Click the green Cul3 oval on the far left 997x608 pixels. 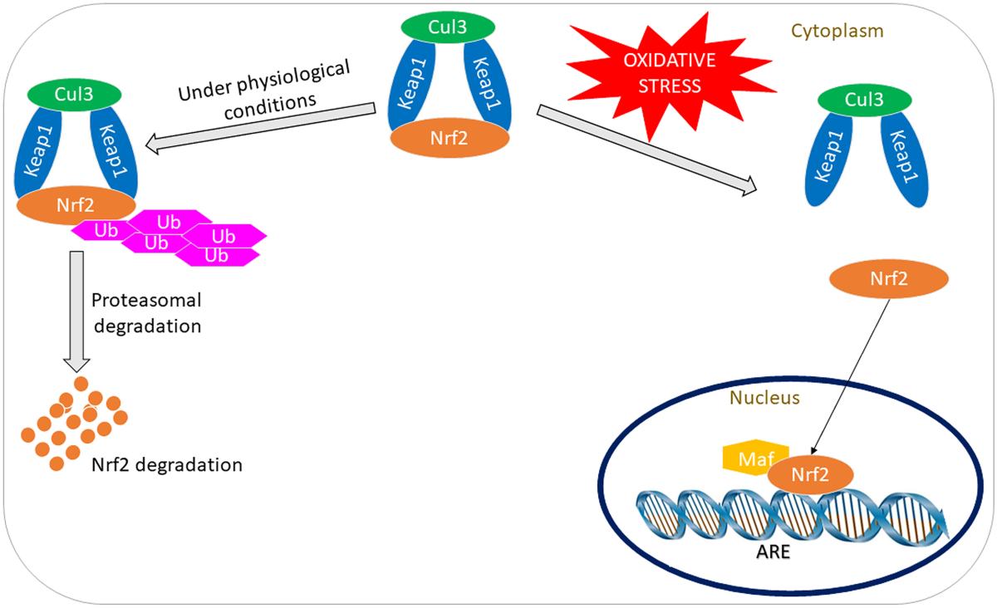tap(75, 93)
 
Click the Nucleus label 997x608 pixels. tap(764, 399)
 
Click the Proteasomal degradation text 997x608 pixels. tap(147, 312)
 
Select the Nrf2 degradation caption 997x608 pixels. tap(167, 465)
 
